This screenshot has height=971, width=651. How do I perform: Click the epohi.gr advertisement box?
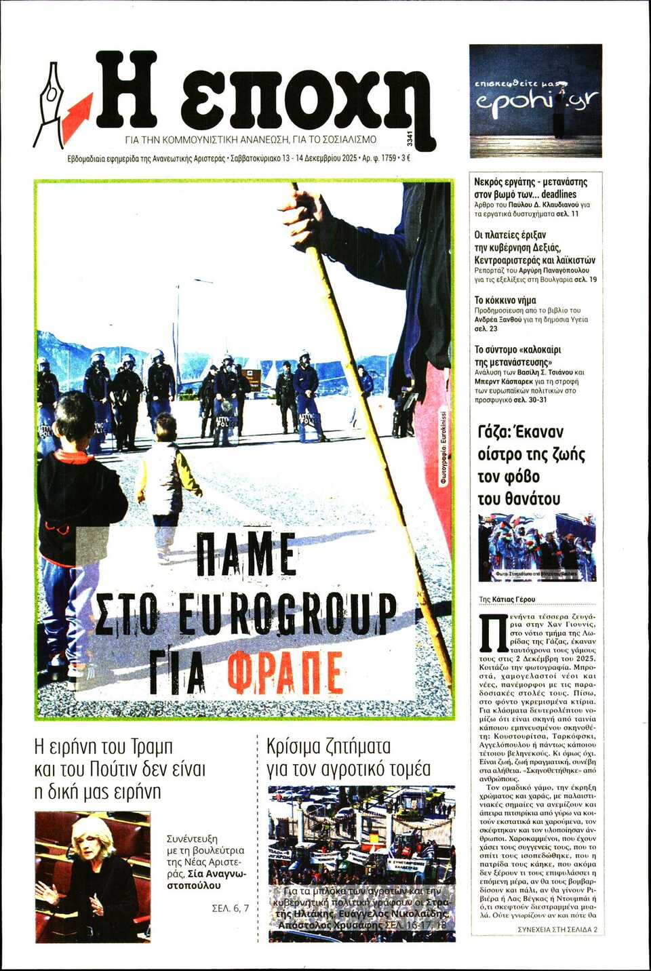click(x=535, y=100)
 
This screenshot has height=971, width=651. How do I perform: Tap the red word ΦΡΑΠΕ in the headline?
click(x=285, y=673)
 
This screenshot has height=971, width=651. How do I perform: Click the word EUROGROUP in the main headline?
click(x=287, y=613)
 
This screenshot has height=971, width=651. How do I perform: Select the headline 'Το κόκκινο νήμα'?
click(x=505, y=300)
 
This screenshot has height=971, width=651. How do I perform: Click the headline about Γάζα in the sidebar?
click(x=531, y=465)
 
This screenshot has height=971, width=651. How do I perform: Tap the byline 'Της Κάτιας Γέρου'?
click(x=507, y=599)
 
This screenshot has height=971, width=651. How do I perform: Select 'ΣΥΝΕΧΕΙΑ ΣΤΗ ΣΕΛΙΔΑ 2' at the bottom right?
click(x=557, y=929)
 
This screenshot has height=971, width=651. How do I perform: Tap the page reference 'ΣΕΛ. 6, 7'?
click(x=230, y=908)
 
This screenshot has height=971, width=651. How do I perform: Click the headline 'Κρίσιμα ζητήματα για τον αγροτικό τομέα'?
click(x=348, y=757)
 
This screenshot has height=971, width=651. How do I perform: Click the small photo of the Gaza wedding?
click(x=537, y=548)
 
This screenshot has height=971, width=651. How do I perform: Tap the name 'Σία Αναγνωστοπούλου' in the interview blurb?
click(x=208, y=880)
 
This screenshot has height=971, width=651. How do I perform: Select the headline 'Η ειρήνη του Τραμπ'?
click(x=103, y=747)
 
